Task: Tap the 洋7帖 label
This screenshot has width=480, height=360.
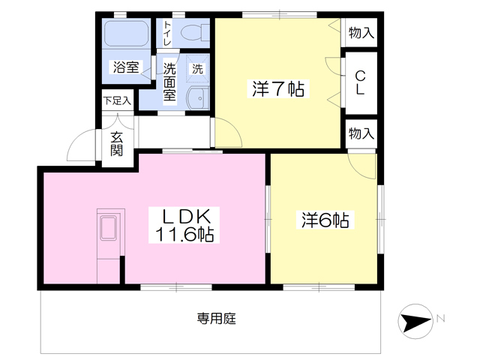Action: (x=277, y=89)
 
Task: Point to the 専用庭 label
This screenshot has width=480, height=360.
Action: (x=217, y=319)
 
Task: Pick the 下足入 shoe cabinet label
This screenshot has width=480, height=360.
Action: (x=117, y=99)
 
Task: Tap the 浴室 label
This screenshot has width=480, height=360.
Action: (x=125, y=67)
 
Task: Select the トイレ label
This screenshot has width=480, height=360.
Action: (x=168, y=34)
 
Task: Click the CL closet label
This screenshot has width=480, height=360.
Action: (x=360, y=82)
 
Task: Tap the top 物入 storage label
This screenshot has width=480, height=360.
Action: (x=361, y=32)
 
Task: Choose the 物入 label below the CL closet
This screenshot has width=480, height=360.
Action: (x=361, y=133)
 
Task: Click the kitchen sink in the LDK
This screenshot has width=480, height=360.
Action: (x=109, y=229)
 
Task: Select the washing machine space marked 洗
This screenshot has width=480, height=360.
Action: (x=197, y=67)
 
